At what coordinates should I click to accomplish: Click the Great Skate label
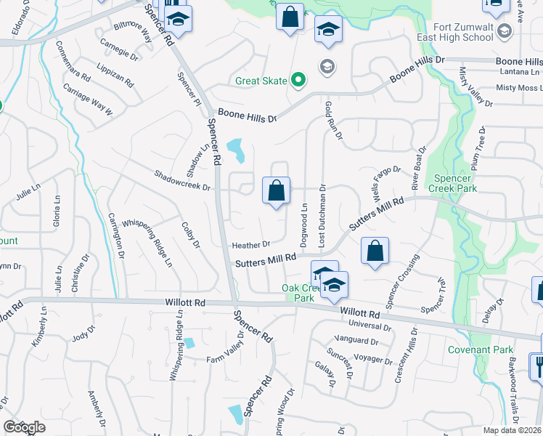[x=261, y=81]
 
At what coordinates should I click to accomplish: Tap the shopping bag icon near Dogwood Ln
[x=276, y=191]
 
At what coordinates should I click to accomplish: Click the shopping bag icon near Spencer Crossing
[x=375, y=251]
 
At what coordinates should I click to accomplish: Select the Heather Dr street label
[x=251, y=244]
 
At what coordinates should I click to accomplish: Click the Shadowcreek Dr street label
[x=182, y=180]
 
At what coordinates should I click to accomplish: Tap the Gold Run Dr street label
[x=332, y=116]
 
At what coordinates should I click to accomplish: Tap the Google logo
[x=24, y=427]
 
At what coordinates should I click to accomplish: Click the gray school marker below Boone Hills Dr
[x=327, y=66]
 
